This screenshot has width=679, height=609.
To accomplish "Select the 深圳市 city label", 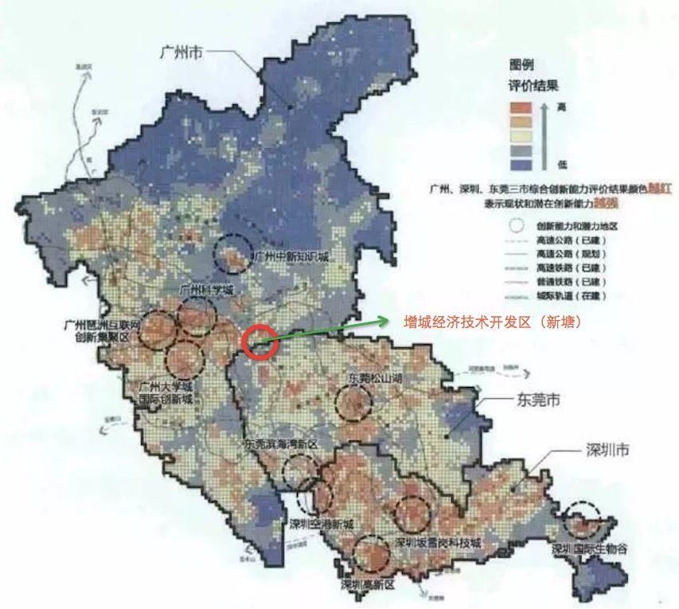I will tap(608, 451).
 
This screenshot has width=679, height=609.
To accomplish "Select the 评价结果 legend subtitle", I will tap(533, 86).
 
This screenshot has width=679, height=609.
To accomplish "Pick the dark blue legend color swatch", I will tap(521, 165).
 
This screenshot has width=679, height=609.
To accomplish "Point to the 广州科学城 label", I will tap(206, 291).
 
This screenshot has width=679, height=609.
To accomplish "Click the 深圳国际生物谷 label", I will tap(594, 549).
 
